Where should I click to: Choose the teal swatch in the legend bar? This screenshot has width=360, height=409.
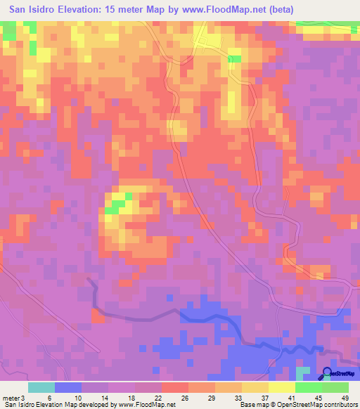(x=41, y=387)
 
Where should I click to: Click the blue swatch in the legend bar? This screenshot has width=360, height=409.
(x=67, y=387)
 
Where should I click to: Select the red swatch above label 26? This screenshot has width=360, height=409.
(x=174, y=387)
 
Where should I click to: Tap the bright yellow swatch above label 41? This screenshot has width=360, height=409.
(x=281, y=387)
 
